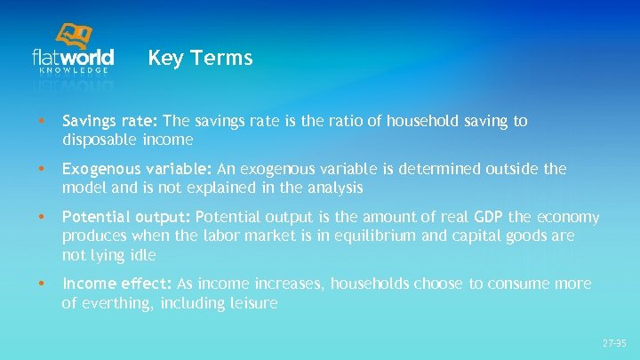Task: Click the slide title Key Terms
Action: click(x=200, y=59)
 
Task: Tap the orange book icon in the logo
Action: click(x=73, y=37)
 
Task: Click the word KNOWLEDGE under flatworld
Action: click(x=80, y=69)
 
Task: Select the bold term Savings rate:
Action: click(x=110, y=121)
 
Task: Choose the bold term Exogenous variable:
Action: click(x=136, y=169)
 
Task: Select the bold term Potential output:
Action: click(x=126, y=218)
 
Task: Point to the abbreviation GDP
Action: click(x=489, y=218)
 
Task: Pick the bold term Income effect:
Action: click(x=117, y=284)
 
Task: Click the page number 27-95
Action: click(x=614, y=342)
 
